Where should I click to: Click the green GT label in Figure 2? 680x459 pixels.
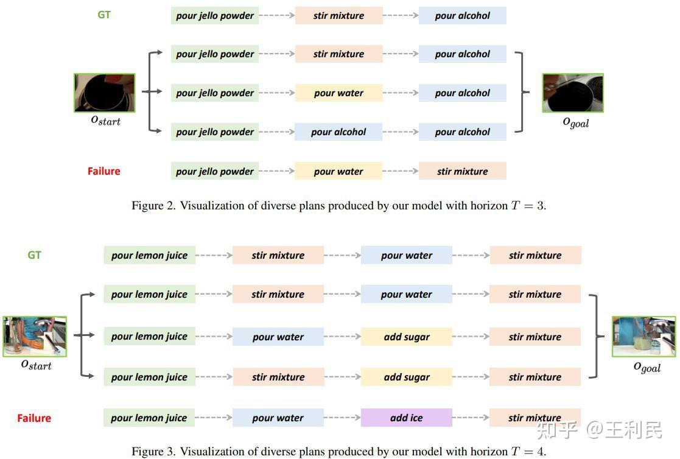tap(104, 15)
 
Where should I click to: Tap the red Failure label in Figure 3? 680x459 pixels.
tap(34, 418)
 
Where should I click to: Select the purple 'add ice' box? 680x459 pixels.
tap(406, 418)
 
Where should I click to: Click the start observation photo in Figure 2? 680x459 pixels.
tap(105, 93)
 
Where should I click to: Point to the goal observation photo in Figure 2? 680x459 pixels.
tap(572, 93)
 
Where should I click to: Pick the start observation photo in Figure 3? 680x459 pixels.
tap(35, 336)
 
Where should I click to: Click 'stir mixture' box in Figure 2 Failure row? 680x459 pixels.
tap(462, 171)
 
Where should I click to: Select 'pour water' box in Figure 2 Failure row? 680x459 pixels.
tap(338, 171)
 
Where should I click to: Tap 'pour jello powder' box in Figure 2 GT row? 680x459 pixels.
tap(215, 15)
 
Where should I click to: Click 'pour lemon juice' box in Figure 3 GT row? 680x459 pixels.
tap(149, 255)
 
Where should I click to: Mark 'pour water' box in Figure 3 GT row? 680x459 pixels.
tap(406, 255)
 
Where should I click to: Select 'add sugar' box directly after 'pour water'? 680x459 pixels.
tap(406, 337)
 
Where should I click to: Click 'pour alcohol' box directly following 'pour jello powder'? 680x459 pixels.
tap(338, 131)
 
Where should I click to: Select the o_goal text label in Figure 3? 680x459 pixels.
tap(647, 366)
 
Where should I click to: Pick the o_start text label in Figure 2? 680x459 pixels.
tap(105, 120)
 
